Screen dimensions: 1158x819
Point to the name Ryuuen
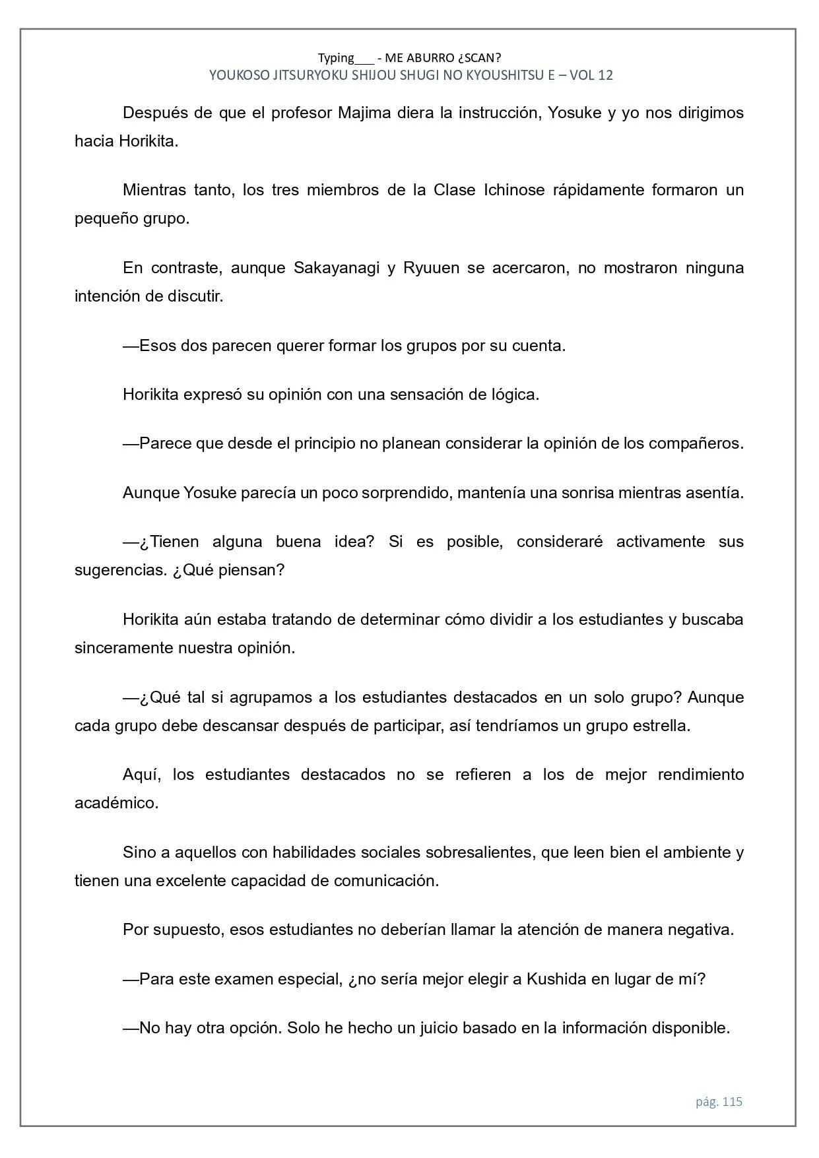(x=431, y=268)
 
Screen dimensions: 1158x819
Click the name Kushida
(x=556, y=979)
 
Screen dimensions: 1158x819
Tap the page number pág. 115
(x=719, y=1101)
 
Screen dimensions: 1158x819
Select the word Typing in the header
(x=336, y=57)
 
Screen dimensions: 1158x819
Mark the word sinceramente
(x=123, y=648)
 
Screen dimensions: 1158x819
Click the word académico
(x=116, y=803)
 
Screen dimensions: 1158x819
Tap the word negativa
(x=700, y=930)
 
